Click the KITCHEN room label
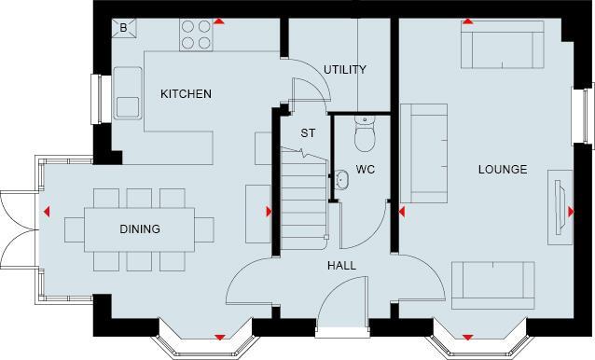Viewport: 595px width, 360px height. [186, 94]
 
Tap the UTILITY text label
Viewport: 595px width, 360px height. [344, 70]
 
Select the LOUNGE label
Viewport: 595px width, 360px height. [503, 170]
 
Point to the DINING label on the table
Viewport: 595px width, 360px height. [139, 229]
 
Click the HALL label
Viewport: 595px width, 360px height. [340, 266]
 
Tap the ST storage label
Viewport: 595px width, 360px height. [307, 133]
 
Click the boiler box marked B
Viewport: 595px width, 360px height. [124, 28]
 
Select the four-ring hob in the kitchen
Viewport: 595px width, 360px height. [195, 35]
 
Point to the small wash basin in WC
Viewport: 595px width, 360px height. [340, 181]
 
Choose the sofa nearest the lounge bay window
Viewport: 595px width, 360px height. [494, 284]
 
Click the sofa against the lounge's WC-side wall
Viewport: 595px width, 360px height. [422, 154]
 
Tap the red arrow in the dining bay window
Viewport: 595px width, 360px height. [219, 337]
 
